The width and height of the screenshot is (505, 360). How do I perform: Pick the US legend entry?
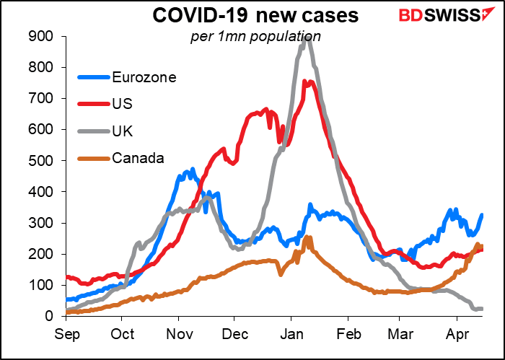pos(123,103)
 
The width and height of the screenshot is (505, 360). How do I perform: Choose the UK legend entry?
pos(122,130)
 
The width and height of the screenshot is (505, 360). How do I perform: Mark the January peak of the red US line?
pos(306,82)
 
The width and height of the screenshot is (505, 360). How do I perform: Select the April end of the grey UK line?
pos(482,309)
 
